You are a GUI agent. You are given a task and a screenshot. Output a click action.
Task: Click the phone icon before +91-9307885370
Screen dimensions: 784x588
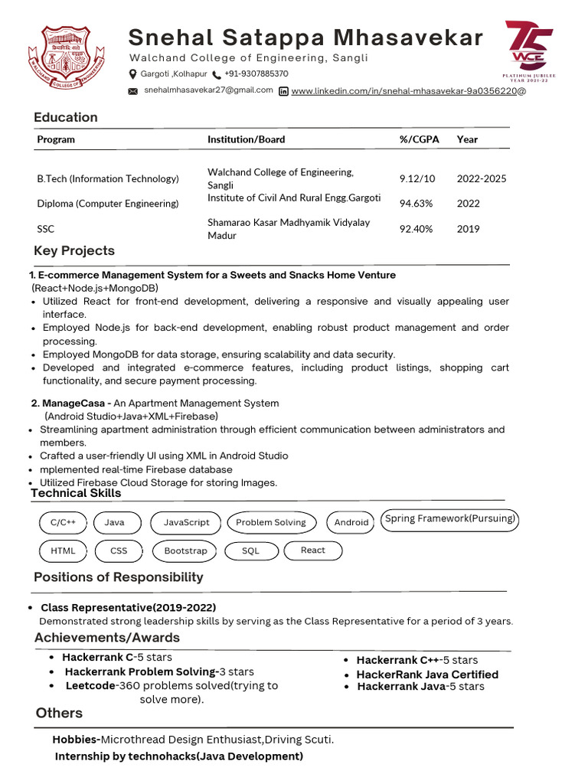coord(217,75)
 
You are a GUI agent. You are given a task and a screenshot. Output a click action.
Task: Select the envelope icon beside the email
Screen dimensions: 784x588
coord(132,91)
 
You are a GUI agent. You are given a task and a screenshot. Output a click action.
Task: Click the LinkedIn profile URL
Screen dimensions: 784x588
coord(408,91)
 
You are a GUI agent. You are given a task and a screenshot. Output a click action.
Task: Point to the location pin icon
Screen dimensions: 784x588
coord(132,74)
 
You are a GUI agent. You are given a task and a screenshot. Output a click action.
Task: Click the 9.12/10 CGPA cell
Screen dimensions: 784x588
coord(417,178)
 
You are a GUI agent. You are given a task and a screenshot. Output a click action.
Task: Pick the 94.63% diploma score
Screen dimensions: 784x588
coord(416,204)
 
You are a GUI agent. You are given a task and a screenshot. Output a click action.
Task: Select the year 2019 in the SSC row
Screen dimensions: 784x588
coord(468,228)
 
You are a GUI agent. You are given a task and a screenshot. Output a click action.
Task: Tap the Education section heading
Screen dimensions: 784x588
coord(66,117)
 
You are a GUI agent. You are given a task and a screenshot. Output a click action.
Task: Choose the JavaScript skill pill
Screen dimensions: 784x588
coord(186,522)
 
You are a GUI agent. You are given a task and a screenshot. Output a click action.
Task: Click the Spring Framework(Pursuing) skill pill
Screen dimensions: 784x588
coord(450,519)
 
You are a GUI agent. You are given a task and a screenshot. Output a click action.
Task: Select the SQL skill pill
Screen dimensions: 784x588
coord(250,550)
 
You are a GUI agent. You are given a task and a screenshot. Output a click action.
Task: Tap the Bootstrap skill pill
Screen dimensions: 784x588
coord(185,550)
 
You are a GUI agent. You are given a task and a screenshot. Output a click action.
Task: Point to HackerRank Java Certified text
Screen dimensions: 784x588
coord(427,675)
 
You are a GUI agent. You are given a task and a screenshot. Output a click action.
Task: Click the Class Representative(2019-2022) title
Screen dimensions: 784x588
coord(128,608)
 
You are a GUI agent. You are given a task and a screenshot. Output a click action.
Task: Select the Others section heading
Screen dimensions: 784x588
coord(59,713)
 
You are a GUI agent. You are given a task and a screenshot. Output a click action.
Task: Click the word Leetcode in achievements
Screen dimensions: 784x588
coord(90,686)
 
